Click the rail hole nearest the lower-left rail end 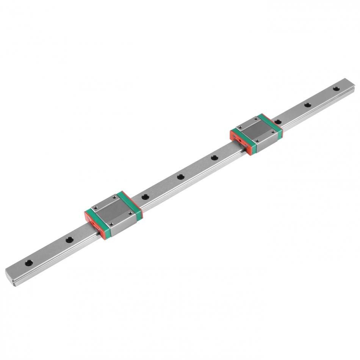28,262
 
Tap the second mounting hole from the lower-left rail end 69,239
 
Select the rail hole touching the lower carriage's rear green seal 144,197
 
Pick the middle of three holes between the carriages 180,177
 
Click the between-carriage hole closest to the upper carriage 214,157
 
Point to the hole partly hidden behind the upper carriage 277,122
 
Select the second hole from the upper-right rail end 307,105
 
